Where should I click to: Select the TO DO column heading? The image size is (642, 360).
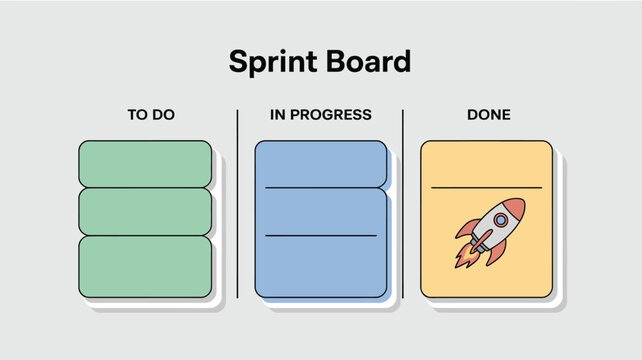click(x=151, y=115)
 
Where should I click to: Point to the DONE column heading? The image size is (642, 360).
click(x=489, y=115)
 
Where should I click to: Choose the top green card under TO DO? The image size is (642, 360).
click(x=145, y=164)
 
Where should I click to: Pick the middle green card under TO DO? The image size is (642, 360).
click(x=145, y=211)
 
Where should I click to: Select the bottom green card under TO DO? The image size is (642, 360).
click(x=145, y=266)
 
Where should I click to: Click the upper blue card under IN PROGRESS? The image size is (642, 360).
click(x=320, y=163)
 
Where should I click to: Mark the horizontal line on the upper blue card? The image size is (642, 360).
click(x=320, y=188)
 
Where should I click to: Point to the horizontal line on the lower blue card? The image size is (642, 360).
click(x=320, y=236)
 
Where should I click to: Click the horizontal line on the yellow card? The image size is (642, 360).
click(x=486, y=187)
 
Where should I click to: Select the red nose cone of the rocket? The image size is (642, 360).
click(x=514, y=208)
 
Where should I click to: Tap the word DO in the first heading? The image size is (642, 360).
click(x=163, y=115)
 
